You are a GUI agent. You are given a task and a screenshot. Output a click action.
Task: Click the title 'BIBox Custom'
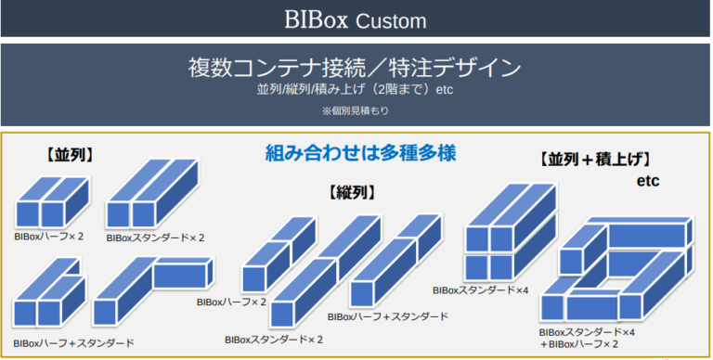[x=356, y=19]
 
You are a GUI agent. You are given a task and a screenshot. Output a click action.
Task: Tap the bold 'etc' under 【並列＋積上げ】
[x=648, y=180]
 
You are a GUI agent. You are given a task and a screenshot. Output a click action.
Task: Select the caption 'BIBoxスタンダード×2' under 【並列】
[x=155, y=238]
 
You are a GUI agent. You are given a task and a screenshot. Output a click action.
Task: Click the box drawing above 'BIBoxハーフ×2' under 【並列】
[x=53, y=202]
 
